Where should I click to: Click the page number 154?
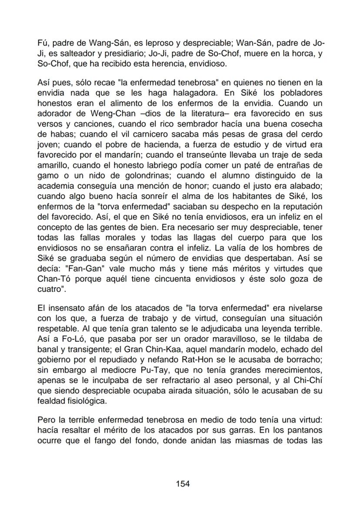point(183,484)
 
